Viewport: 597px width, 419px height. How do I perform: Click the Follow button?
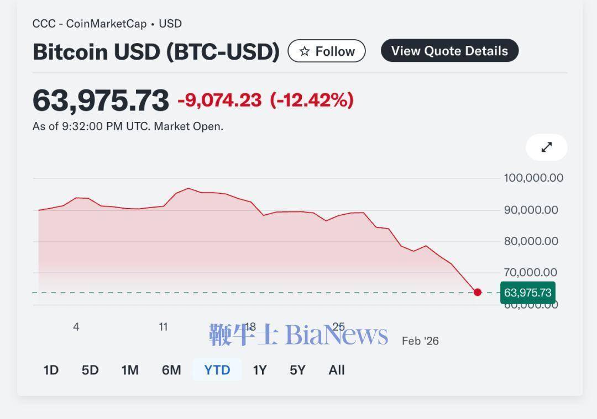click(327, 51)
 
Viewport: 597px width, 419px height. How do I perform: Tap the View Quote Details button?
click(449, 51)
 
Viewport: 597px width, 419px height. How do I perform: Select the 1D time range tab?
click(51, 370)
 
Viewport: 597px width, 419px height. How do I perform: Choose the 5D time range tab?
click(90, 370)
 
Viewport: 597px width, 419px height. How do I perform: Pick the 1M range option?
click(130, 370)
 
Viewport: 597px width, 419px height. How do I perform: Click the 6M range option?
click(171, 370)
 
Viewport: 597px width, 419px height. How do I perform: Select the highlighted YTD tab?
click(217, 370)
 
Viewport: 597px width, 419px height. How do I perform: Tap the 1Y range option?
click(260, 370)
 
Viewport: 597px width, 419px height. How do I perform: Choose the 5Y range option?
click(297, 370)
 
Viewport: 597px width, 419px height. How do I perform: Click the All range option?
click(337, 370)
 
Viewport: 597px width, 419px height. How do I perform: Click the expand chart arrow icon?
click(546, 147)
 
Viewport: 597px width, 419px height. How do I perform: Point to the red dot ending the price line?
click(478, 292)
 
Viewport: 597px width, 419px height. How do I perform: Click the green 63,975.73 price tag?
click(527, 293)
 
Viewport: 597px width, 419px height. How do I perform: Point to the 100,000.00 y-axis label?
click(533, 178)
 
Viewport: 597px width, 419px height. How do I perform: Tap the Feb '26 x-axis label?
click(420, 341)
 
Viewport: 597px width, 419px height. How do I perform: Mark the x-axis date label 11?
click(163, 327)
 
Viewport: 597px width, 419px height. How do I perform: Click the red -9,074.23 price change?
click(219, 100)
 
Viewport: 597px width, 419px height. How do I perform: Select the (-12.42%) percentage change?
click(312, 100)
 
